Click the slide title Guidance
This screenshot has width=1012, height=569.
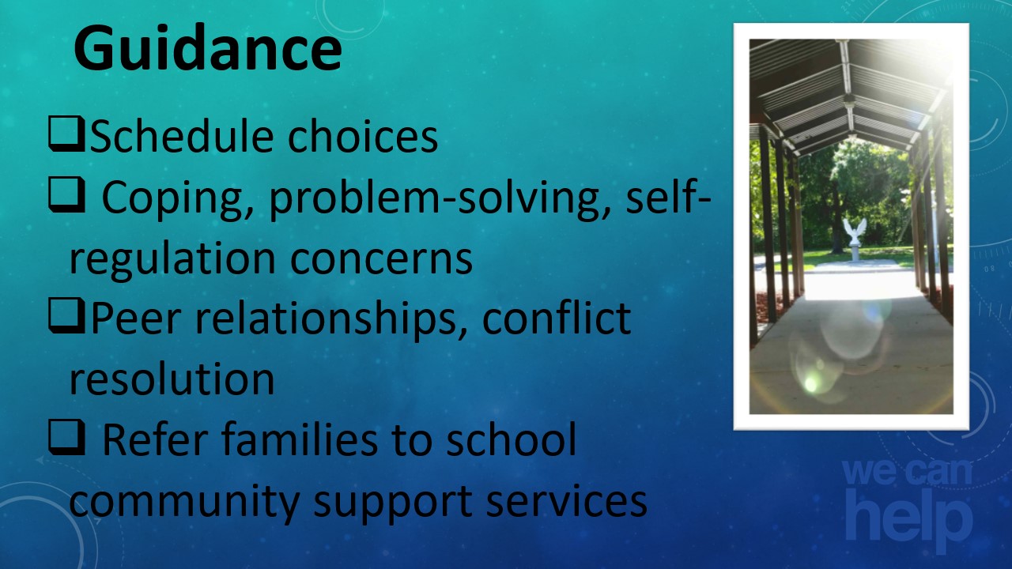(x=207, y=49)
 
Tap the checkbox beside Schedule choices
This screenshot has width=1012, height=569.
(x=66, y=134)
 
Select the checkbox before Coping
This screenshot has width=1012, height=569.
(x=66, y=195)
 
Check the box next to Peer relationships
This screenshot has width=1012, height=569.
(x=66, y=316)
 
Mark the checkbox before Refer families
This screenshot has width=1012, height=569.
(x=66, y=437)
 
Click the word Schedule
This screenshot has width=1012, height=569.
(x=182, y=136)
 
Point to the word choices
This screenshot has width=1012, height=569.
(x=363, y=136)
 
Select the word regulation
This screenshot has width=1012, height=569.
(x=172, y=259)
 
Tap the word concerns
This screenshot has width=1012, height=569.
(x=381, y=261)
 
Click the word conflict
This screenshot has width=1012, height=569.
(x=556, y=317)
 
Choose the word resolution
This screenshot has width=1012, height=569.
(x=172, y=379)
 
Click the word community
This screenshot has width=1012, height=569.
(x=184, y=502)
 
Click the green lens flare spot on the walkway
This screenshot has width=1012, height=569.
(x=811, y=384)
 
